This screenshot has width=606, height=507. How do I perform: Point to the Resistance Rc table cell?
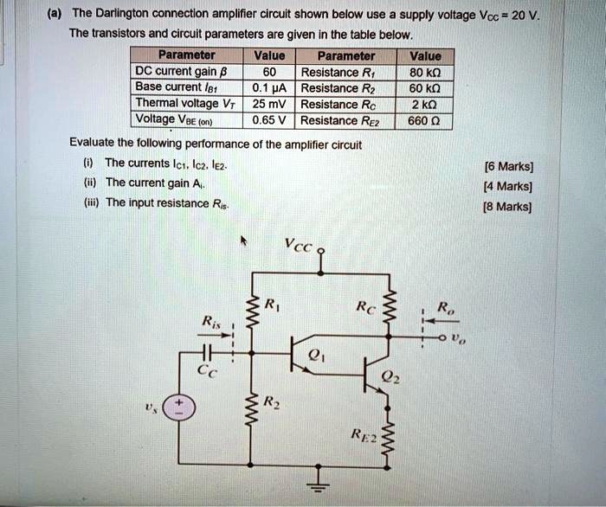point(345,105)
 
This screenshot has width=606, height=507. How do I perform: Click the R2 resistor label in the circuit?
point(272,403)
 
